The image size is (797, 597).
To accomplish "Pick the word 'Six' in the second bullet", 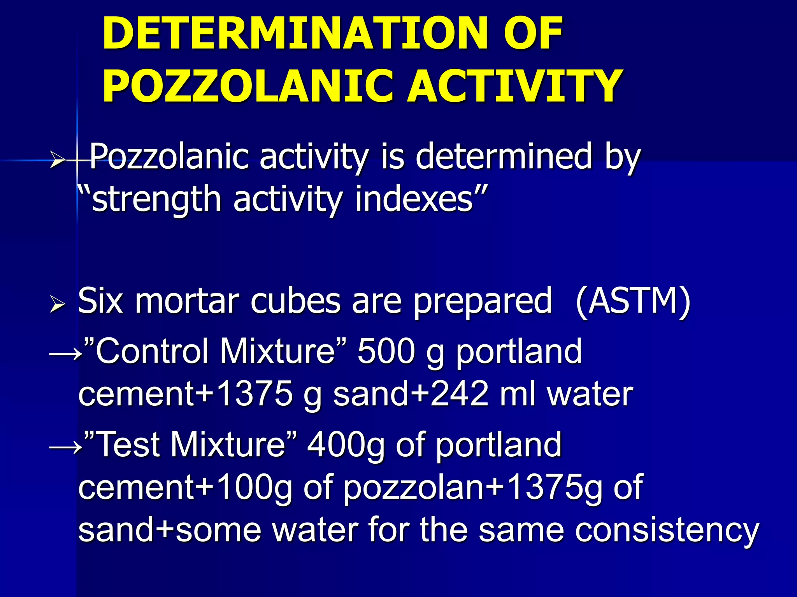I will click(100, 301).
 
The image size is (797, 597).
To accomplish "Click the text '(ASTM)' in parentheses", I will click(633, 301).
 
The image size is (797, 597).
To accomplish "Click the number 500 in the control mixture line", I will click(386, 352).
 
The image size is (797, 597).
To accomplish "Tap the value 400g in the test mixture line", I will click(346, 445).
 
